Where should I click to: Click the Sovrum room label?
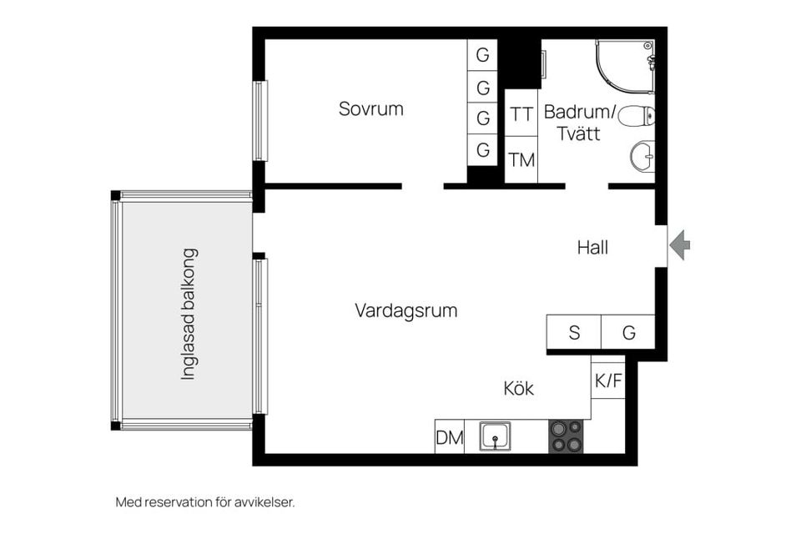click(x=370, y=108)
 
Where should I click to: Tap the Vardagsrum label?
click(x=406, y=311)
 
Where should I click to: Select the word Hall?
click(x=592, y=248)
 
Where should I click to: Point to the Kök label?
click(x=518, y=389)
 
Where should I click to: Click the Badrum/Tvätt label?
click(x=579, y=122)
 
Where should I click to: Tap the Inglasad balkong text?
click(x=189, y=314)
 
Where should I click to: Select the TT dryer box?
click(x=521, y=115)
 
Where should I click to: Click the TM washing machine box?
click(x=521, y=159)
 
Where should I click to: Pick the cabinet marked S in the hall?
click(x=574, y=332)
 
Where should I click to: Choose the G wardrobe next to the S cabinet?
click(x=628, y=332)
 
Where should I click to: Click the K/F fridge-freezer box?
click(x=607, y=380)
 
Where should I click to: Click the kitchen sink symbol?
click(x=496, y=436)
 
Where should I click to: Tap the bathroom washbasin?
click(x=642, y=156)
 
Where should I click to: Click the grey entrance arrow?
click(x=681, y=244)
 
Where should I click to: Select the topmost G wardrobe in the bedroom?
click(x=482, y=55)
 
